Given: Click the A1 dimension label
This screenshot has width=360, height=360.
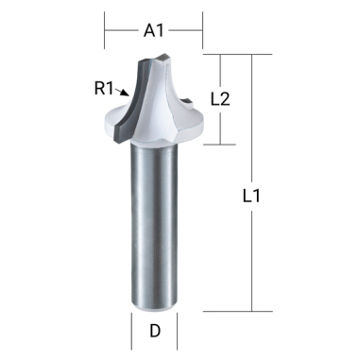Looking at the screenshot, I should tap(154, 30).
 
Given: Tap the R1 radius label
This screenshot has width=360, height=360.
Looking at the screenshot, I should tap(104, 89).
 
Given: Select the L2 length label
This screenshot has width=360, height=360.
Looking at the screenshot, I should tap(219, 98).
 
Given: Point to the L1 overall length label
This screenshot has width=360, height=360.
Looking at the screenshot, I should tap(251, 197).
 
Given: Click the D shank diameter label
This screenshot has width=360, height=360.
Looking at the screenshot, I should tap(154, 332).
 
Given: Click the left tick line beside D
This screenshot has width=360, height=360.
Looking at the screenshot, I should tap(130, 332).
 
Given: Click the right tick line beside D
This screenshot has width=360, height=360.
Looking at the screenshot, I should tap(178, 332).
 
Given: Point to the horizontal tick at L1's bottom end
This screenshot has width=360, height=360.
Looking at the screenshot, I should tap(251, 311).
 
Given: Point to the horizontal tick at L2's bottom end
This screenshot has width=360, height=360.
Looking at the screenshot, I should tap(219, 145).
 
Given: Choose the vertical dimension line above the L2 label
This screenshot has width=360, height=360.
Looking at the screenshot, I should tap(219, 71).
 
